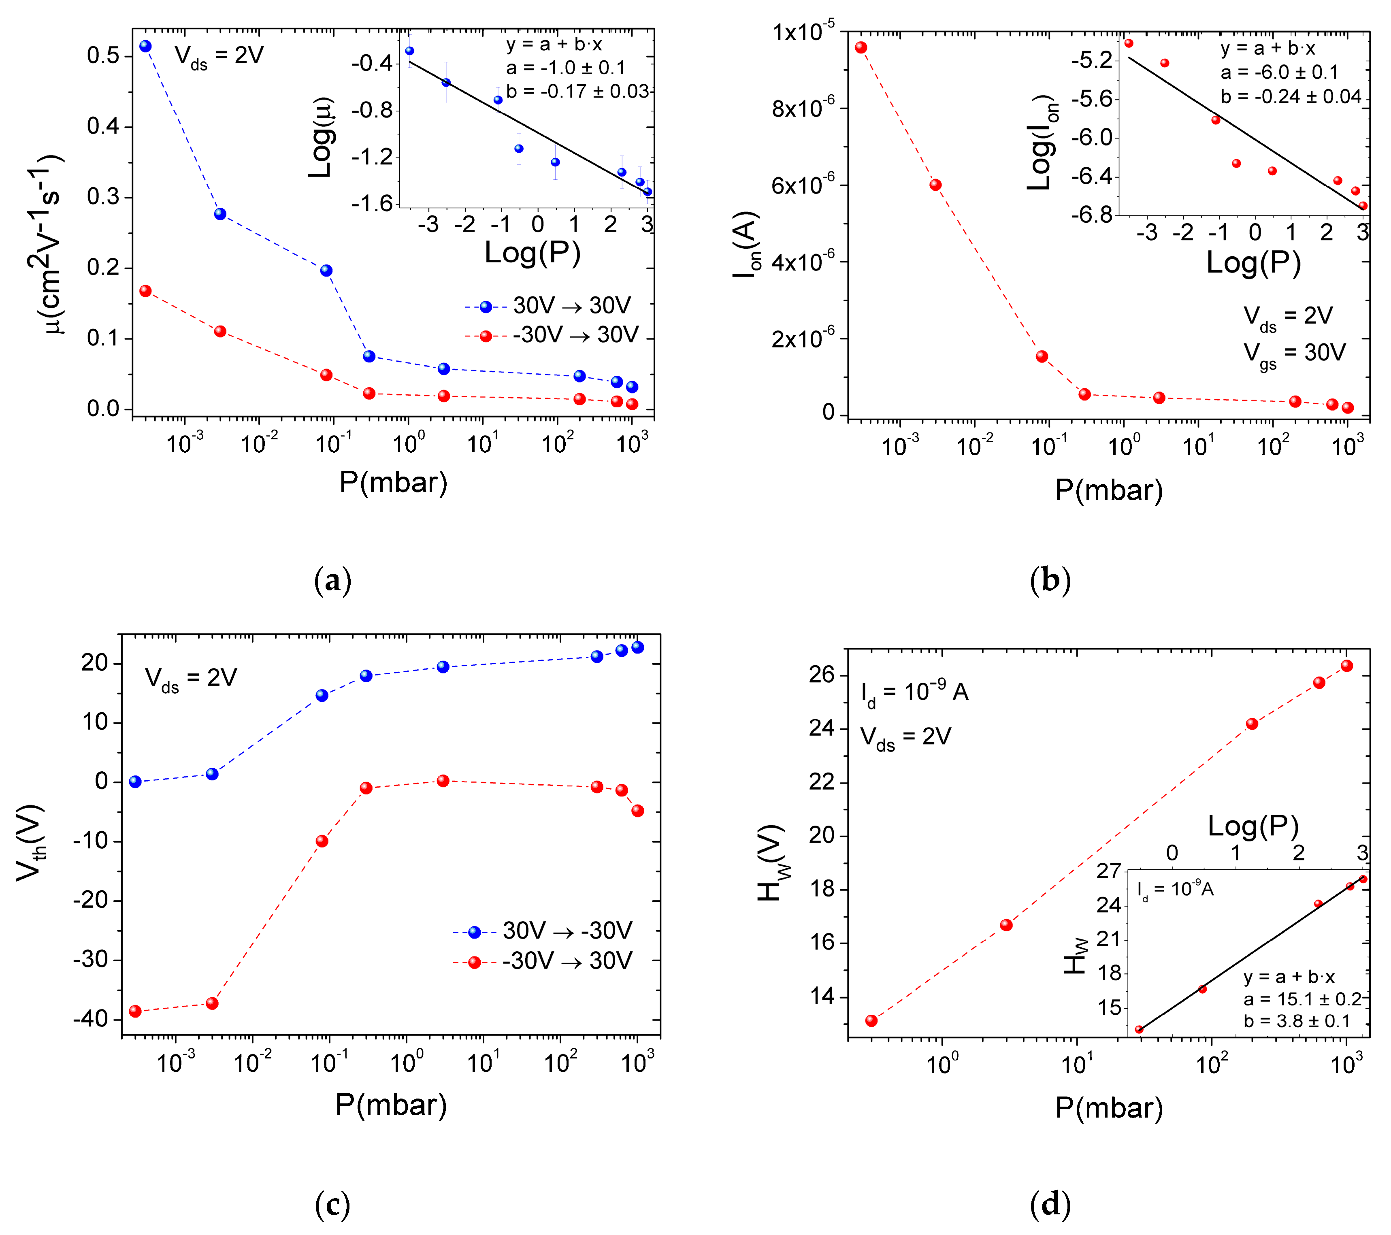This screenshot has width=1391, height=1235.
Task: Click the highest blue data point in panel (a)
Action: (x=146, y=46)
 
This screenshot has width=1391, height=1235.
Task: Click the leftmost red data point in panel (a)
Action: (x=146, y=291)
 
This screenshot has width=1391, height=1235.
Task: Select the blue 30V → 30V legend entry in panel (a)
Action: (x=551, y=306)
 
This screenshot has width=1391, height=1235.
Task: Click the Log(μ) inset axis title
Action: (x=321, y=137)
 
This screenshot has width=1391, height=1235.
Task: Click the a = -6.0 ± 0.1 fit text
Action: (x=1279, y=72)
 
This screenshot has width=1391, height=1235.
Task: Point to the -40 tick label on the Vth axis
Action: (x=91, y=1019)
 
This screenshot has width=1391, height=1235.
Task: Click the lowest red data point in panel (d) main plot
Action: (x=871, y=1021)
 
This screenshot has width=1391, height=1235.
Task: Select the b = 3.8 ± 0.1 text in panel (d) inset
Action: (x=1297, y=1021)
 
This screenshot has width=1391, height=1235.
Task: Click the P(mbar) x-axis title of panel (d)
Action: (x=1109, y=1108)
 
